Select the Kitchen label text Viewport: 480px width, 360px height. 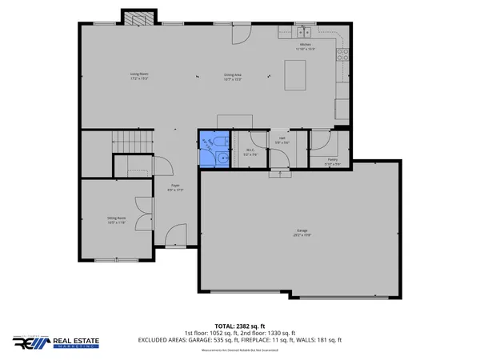(x=305, y=46)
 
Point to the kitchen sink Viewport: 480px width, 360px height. (x=304, y=33)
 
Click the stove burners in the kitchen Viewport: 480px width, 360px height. (x=342, y=54)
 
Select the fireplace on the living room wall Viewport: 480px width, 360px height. (x=133, y=17)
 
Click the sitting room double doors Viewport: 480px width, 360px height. (x=144, y=217)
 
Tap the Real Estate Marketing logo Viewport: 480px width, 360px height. (x=56, y=342)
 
